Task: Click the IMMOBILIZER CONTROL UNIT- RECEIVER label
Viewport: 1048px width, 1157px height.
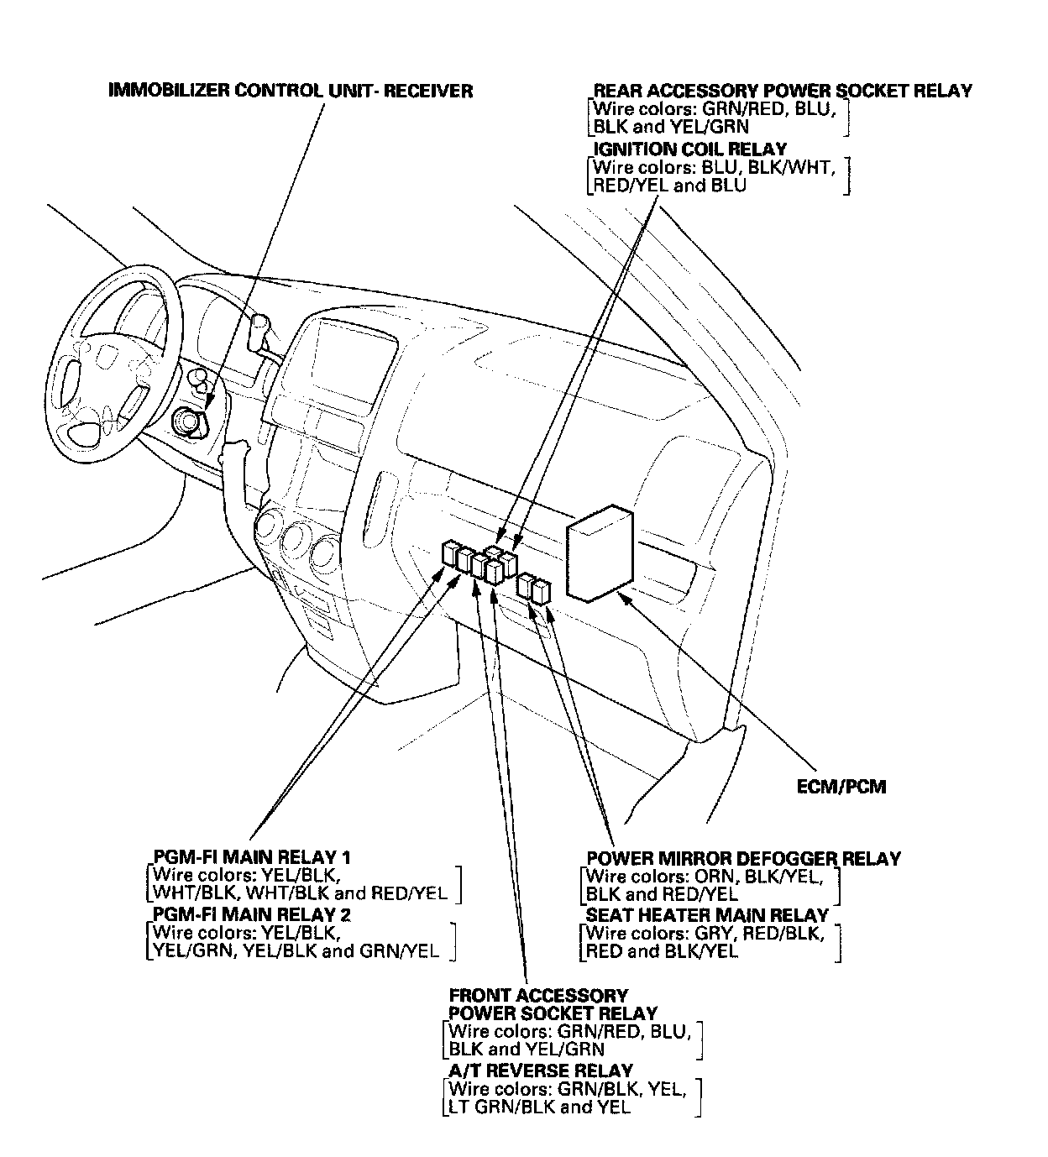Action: [291, 91]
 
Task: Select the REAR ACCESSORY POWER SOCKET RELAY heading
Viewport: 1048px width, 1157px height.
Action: [782, 91]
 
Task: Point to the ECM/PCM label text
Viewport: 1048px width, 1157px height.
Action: [841, 787]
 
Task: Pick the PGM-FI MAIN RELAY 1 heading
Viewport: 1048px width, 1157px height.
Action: [252, 857]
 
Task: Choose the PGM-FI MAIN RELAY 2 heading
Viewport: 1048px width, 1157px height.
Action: [252, 914]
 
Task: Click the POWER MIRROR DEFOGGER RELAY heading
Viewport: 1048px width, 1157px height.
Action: [742, 858]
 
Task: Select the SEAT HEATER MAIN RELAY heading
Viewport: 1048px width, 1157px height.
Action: [707, 914]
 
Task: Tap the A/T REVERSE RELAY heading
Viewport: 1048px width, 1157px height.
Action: [541, 1071]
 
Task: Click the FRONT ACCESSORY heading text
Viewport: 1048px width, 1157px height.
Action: [538, 996]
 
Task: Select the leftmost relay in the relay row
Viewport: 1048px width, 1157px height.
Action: [449, 554]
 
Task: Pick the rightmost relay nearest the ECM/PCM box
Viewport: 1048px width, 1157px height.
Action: [541, 591]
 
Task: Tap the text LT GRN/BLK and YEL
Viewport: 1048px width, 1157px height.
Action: [540, 1107]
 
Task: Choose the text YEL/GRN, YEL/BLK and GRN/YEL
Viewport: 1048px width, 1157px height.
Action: [292, 950]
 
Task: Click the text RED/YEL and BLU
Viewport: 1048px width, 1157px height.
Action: [668, 186]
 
